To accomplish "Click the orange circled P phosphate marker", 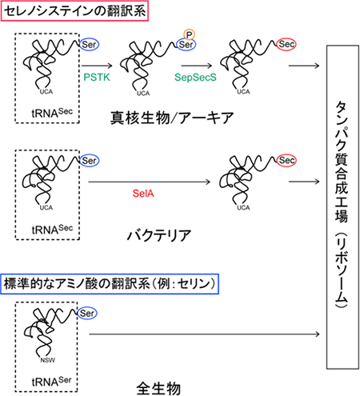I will pos(189,34).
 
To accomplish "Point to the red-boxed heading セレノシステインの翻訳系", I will pos(77,13).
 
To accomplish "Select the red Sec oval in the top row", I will pos(287,46).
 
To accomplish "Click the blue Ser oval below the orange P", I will pos(187,46).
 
